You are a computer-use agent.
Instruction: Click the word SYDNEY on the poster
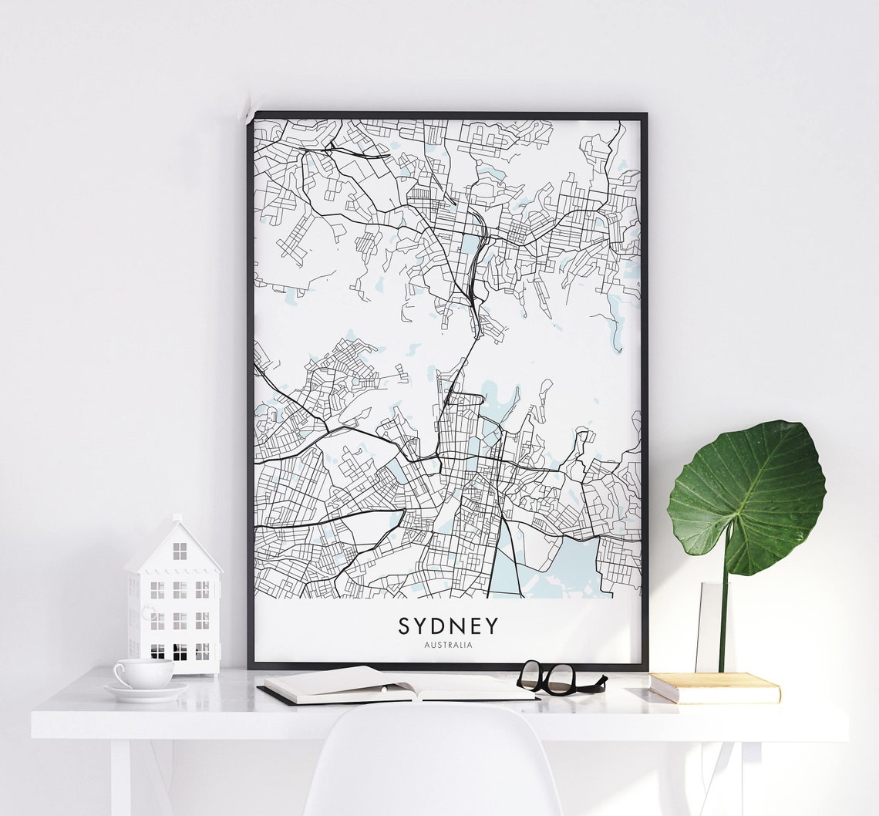pos(448,625)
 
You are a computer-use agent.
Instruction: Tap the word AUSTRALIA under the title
pos(448,645)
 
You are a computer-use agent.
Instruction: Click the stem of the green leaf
pos(724,609)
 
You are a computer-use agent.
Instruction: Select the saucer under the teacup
pos(146,691)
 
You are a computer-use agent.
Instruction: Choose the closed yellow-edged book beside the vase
pos(714,687)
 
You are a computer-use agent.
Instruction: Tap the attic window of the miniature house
pos(180,551)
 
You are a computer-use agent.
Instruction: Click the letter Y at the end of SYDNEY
pos(491,625)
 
